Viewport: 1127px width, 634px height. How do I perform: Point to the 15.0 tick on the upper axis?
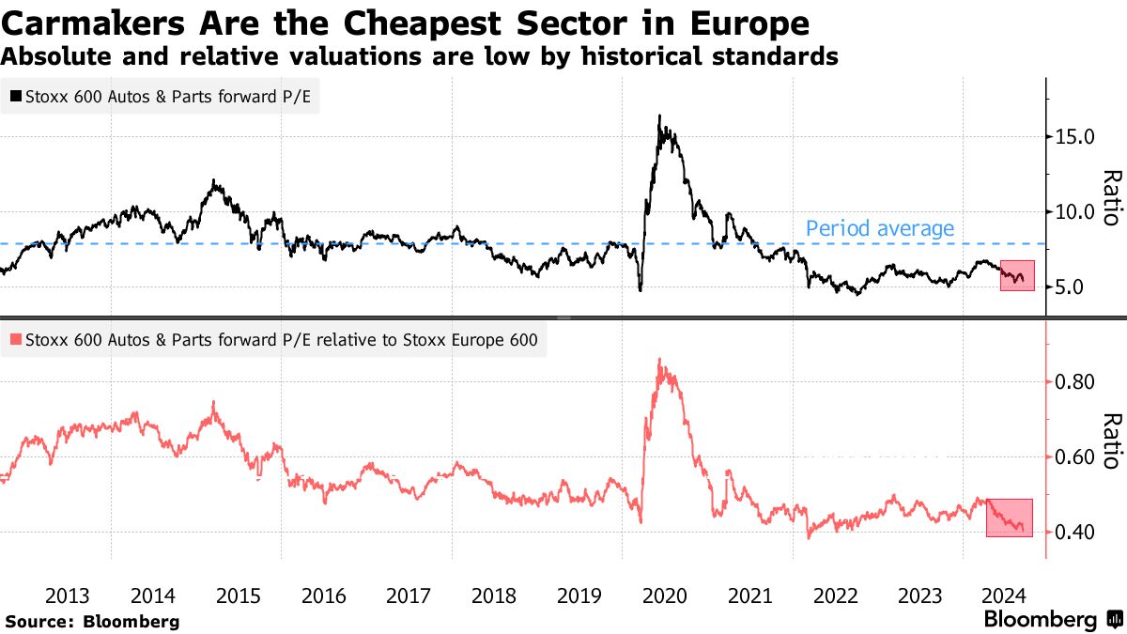click(x=1075, y=137)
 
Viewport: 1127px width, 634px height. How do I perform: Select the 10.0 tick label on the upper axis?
click(x=1075, y=212)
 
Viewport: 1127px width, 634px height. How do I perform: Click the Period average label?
click(x=880, y=228)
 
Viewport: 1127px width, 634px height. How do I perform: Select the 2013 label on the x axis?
click(x=68, y=595)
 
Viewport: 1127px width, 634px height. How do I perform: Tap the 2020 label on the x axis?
click(x=665, y=595)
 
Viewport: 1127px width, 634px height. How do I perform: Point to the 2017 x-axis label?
click(x=409, y=595)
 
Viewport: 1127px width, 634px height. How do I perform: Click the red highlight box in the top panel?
click(x=1017, y=275)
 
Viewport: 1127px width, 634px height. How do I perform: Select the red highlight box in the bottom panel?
click(x=1010, y=518)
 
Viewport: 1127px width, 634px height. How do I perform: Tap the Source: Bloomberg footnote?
click(x=91, y=621)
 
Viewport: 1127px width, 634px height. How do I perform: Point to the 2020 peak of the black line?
click(x=660, y=116)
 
